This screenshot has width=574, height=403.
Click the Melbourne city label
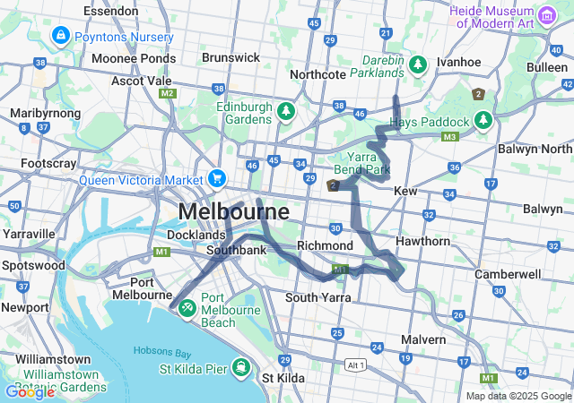click(x=234, y=212)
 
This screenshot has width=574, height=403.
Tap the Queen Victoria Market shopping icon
click(x=217, y=178)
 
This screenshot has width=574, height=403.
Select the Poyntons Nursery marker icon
click(x=60, y=36)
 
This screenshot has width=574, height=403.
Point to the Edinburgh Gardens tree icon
click(x=285, y=111)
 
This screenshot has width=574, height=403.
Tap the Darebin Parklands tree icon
click(x=417, y=64)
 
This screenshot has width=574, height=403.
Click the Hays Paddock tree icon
click(x=484, y=120)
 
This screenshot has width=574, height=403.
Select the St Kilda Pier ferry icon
click(x=240, y=367)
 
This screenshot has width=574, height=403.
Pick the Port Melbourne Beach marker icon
click(x=187, y=307)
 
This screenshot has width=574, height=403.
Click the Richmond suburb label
click(x=325, y=245)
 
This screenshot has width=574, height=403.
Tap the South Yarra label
click(x=316, y=297)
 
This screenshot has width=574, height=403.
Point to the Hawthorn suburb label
click(x=422, y=242)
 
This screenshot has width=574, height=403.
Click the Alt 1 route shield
click(x=356, y=364)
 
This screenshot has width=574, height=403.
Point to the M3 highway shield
click(x=449, y=136)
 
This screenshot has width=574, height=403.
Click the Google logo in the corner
click(x=30, y=391)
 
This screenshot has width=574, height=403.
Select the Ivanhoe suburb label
click(x=459, y=61)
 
